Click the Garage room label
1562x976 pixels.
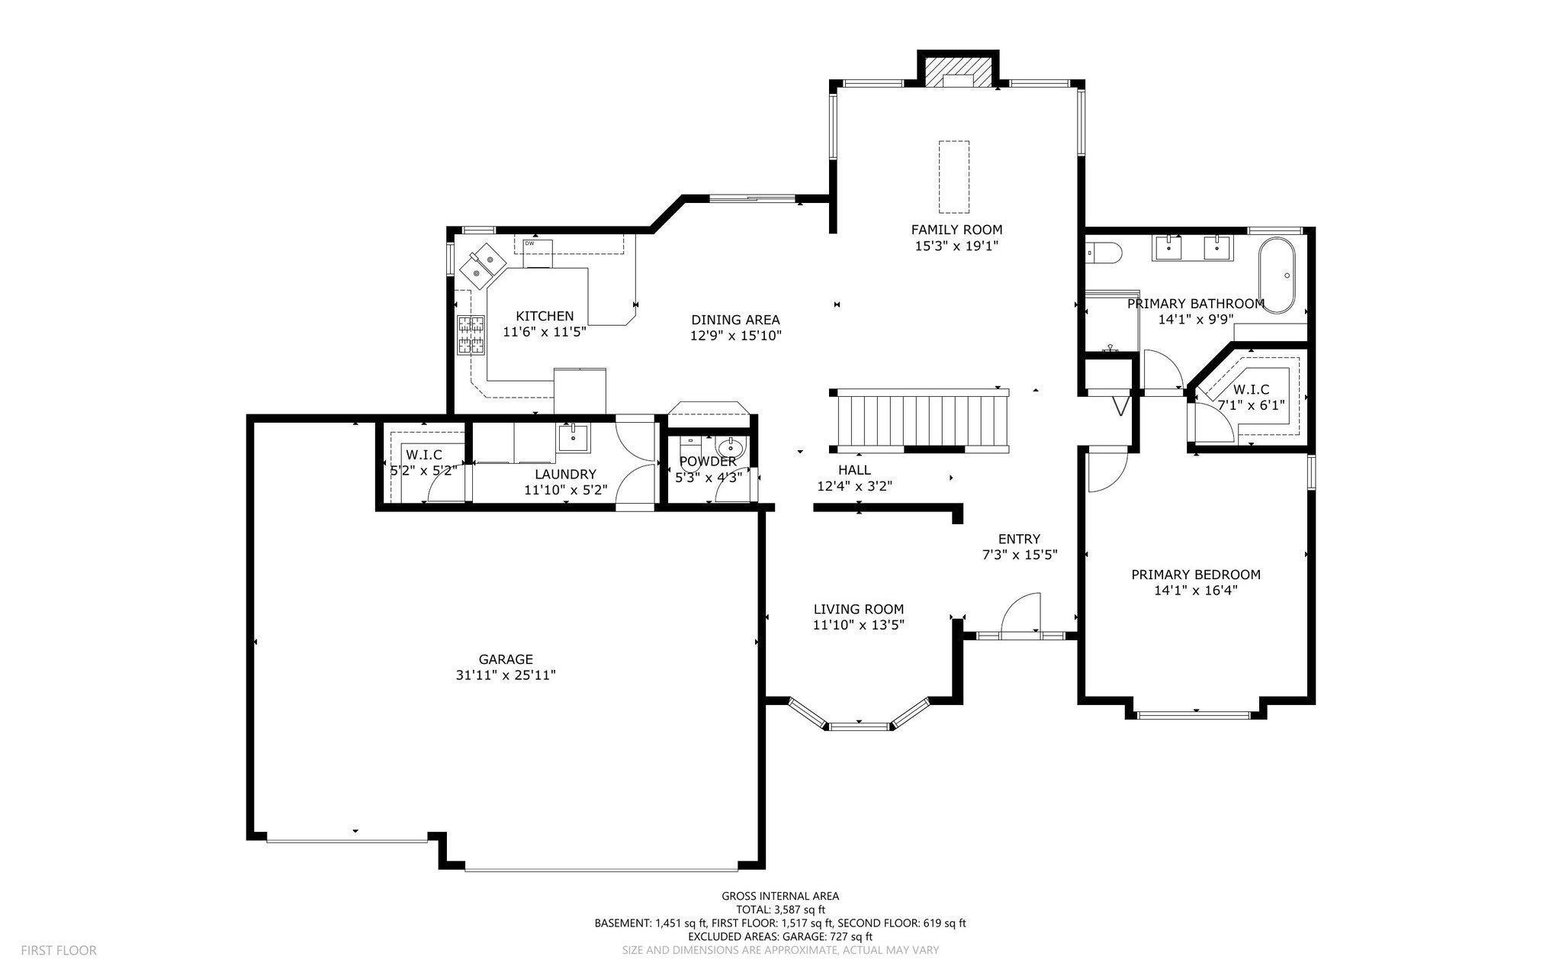[x=506, y=659]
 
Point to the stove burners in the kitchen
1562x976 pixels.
[x=471, y=335]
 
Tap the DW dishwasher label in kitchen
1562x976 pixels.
[x=529, y=243]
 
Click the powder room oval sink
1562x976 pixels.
[x=731, y=445]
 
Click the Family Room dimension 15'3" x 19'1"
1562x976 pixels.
[x=956, y=246]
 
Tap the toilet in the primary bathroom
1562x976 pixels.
[x=1102, y=252]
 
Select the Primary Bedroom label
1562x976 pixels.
[x=1195, y=575]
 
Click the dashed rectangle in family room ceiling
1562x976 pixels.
[x=953, y=176]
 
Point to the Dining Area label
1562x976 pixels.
[x=735, y=320]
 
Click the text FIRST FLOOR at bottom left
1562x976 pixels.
[x=59, y=950]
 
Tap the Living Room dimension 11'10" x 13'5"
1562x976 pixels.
[x=859, y=625]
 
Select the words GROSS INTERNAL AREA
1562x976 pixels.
[x=780, y=896]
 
